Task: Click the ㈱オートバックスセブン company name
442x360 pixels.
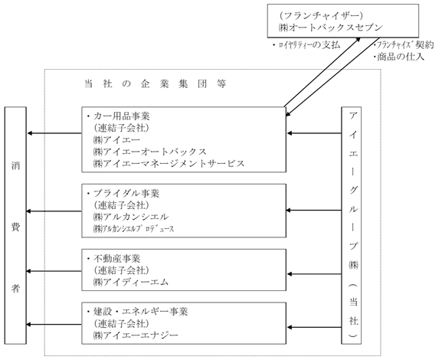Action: [x=330, y=28]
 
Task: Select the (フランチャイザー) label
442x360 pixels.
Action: [x=320, y=15]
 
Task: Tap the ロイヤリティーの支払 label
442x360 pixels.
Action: [x=306, y=45]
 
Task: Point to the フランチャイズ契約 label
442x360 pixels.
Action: [x=404, y=45]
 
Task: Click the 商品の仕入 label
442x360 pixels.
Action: [x=399, y=57]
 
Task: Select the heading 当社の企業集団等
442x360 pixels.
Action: [x=156, y=83]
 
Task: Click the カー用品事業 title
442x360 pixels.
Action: [x=119, y=116]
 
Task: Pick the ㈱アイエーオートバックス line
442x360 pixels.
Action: [x=149, y=152]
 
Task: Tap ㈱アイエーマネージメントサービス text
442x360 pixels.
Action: [x=169, y=163]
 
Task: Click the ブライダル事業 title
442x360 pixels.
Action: [x=123, y=193]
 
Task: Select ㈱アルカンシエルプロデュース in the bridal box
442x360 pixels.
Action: [x=133, y=228]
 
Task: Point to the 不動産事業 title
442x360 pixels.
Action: [x=114, y=259]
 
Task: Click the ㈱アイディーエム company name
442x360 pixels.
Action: [x=131, y=282]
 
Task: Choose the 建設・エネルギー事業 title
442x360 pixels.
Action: [x=138, y=312]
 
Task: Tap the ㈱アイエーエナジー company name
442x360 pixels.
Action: [x=136, y=335]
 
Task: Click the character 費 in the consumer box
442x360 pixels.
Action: [x=15, y=227]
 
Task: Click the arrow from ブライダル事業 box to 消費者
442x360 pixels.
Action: [x=54, y=211]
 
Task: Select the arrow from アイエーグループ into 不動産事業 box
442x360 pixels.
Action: [x=314, y=274]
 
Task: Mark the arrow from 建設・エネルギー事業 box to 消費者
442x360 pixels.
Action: [x=54, y=325]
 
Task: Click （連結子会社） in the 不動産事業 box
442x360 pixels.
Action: [x=121, y=270]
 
